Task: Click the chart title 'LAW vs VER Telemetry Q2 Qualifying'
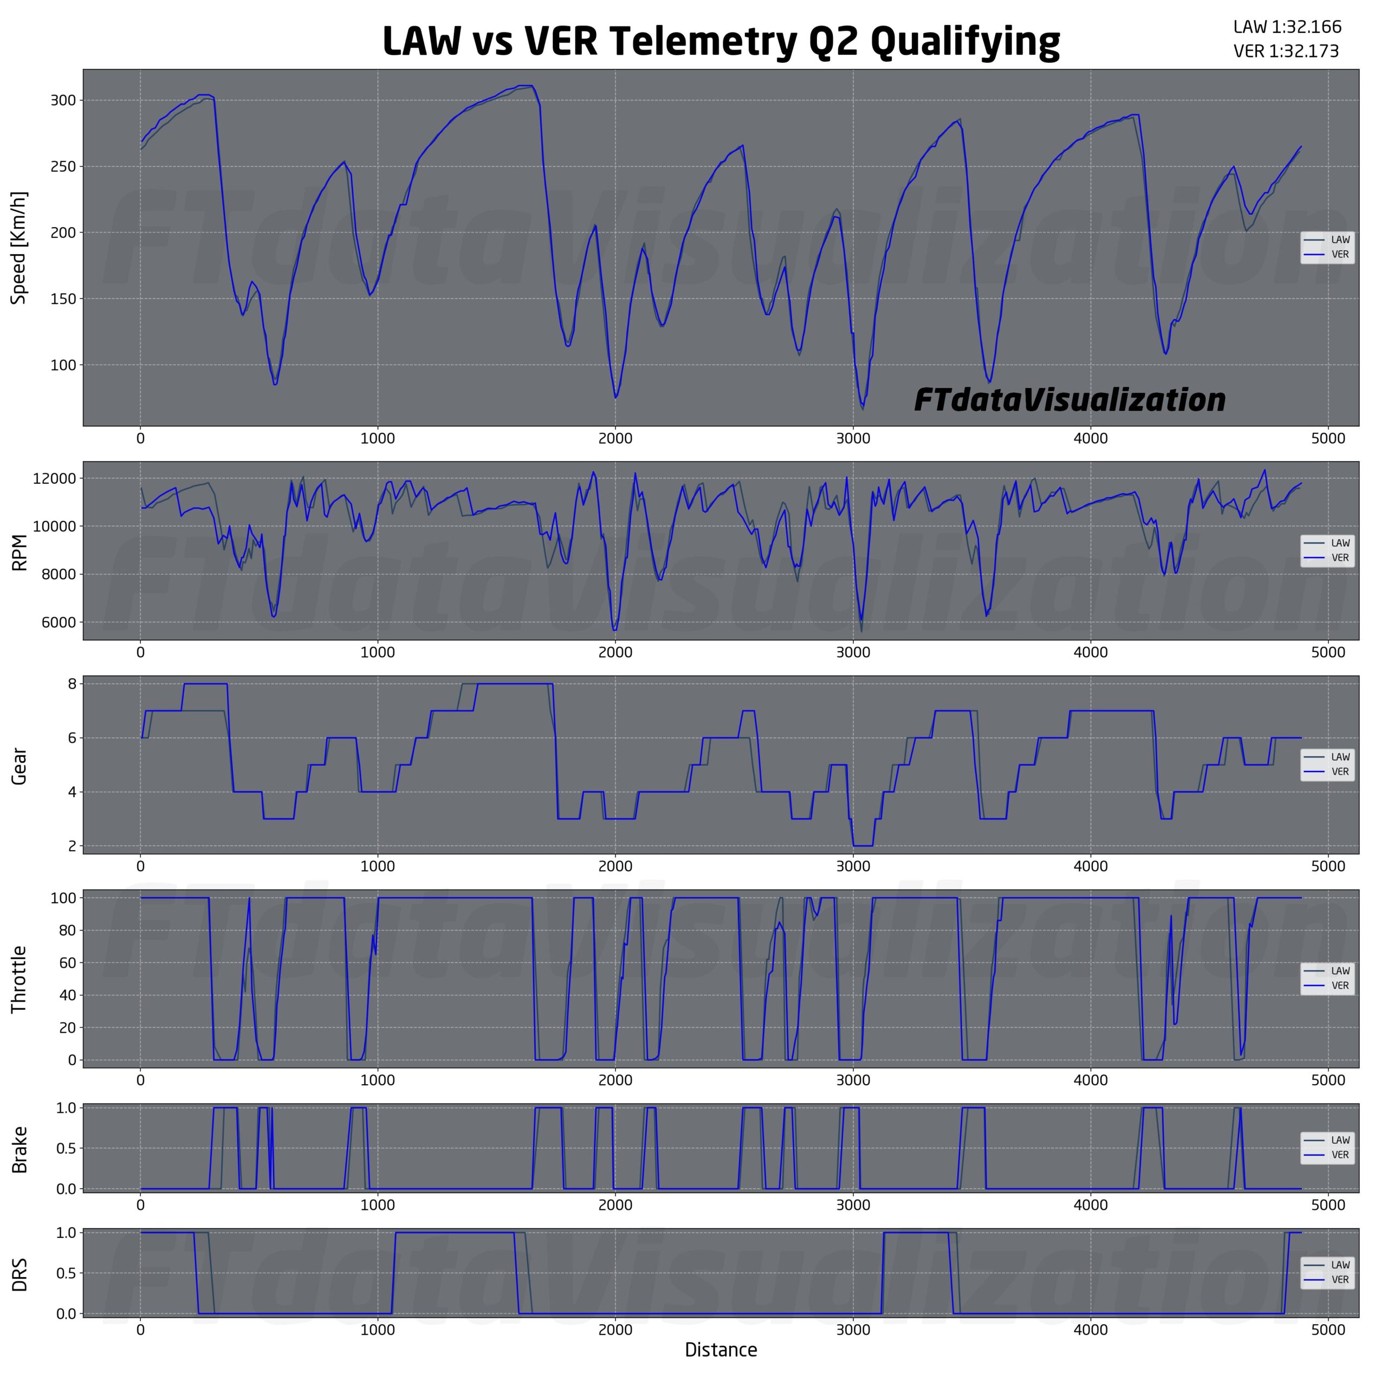[x=720, y=42]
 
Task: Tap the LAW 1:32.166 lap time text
[x=1286, y=27]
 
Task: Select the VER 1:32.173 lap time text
[x=1286, y=51]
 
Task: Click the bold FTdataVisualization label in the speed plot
[x=1070, y=400]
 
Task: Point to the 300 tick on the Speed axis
[x=62, y=101]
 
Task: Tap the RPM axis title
[x=20, y=552]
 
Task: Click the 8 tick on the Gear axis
[x=72, y=684]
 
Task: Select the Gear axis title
[x=20, y=766]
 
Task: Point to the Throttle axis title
[x=20, y=979]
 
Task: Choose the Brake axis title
[x=20, y=1149]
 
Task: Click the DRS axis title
[x=20, y=1274]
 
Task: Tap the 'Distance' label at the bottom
[x=720, y=1350]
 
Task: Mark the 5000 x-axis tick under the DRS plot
[x=1327, y=1330]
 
